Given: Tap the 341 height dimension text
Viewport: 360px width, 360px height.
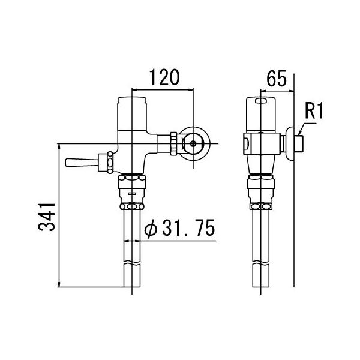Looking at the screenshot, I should click(47, 217).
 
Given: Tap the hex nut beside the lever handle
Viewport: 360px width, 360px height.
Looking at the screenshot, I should click(109, 162).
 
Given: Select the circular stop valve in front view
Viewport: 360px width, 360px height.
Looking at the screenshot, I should click(193, 143).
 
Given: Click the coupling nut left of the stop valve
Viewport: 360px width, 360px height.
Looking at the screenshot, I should click(174, 143).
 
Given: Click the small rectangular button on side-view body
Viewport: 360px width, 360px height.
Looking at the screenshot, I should click(247, 143).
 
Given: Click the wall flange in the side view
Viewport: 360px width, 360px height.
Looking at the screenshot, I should click(291, 143).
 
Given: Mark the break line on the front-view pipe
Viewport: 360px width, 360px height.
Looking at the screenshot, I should click(131, 265).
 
